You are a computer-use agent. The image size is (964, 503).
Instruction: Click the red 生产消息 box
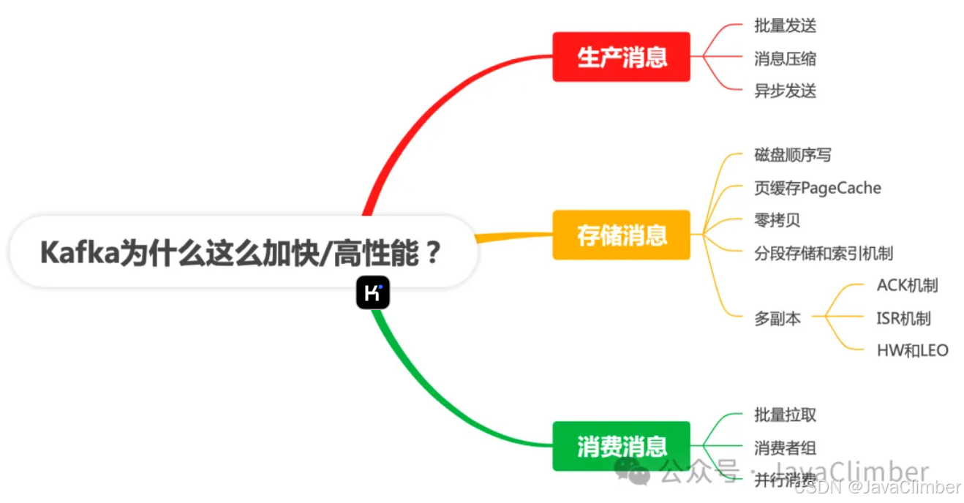click(621, 57)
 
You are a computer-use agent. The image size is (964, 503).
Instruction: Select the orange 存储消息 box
click(621, 235)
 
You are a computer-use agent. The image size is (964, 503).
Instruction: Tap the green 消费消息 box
click(621, 446)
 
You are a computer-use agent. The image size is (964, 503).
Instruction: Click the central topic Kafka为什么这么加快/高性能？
click(241, 253)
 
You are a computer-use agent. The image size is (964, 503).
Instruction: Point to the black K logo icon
click(373, 293)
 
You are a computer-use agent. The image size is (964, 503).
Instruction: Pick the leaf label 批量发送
click(785, 26)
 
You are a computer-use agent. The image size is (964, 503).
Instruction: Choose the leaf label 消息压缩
click(785, 58)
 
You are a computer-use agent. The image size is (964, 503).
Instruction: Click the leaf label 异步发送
click(785, 91)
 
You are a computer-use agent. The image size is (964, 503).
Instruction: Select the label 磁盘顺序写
click(793, 155)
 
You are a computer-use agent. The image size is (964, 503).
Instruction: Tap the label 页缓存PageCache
click(817, 188)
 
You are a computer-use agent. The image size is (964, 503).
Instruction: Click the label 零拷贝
click(777, 220)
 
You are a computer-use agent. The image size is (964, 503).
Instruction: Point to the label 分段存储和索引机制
click(824, 253)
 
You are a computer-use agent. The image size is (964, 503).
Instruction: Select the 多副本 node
click(777, 318)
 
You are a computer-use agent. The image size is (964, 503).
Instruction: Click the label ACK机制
click(907, 285)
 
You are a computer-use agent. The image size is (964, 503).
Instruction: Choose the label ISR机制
click(903, 318)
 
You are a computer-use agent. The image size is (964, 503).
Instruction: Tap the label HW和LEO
click(912, 350)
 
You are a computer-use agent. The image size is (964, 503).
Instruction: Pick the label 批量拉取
click(785, 415)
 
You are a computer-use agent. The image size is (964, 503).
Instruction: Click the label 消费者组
click(785, 447)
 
